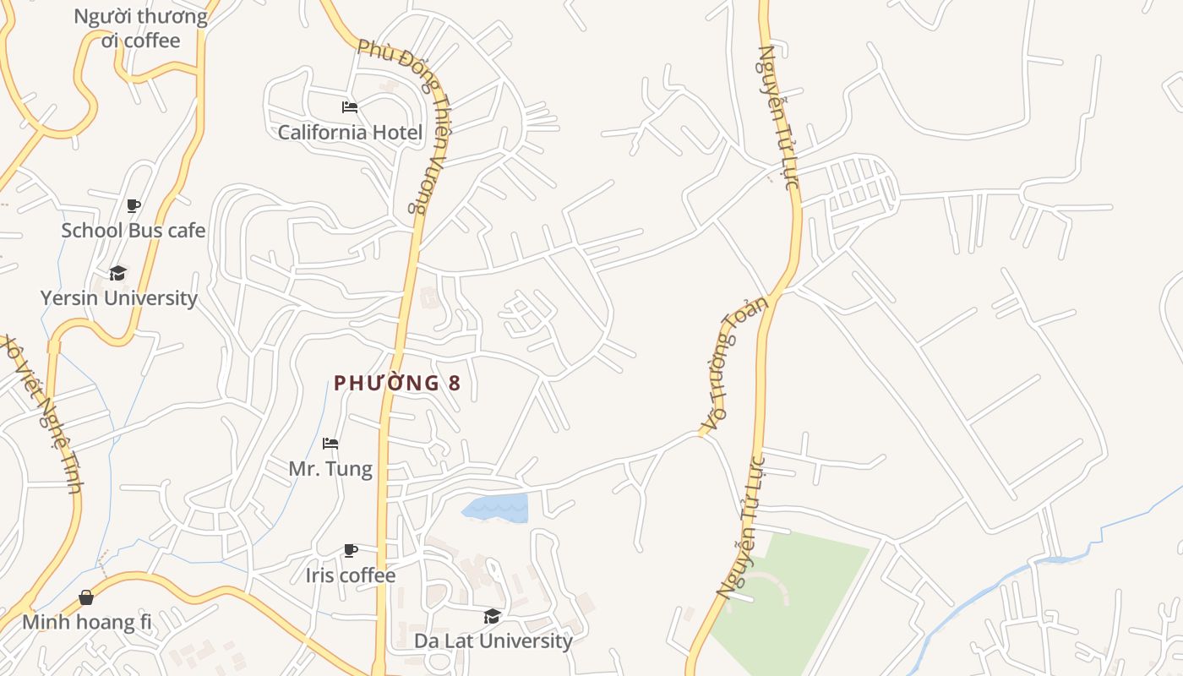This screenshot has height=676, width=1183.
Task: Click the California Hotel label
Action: (x=350, y=133)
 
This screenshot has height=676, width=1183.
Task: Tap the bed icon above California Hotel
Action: (x=350, y=107)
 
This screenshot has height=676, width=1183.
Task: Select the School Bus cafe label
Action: (x=133, y=230)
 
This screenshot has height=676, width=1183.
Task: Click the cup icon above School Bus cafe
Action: (x=133, y=205)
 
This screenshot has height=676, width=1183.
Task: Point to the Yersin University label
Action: (x=118, y=298)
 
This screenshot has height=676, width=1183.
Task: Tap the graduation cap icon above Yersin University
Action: (x=118, y=273)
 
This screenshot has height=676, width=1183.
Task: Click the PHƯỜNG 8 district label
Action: (x=397, y=383)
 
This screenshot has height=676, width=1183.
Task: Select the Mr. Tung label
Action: (x=330, y=468)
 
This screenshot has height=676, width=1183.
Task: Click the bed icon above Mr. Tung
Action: (x=330, y=444)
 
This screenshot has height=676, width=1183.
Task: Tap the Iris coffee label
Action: (x=350, y=575)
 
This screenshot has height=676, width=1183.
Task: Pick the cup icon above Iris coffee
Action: (x=350, y=551)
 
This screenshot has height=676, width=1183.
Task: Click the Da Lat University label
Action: (x=493, y=641)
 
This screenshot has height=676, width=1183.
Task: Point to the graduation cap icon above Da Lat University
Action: (x=493, y=616)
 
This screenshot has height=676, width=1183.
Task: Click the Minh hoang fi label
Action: (x=86, y=623)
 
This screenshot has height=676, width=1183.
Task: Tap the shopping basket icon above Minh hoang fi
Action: (x=86, y=598)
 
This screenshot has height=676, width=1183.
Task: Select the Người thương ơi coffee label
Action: (x=140, y=29)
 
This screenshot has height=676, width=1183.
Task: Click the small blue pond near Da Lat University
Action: (x=499, y=508)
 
